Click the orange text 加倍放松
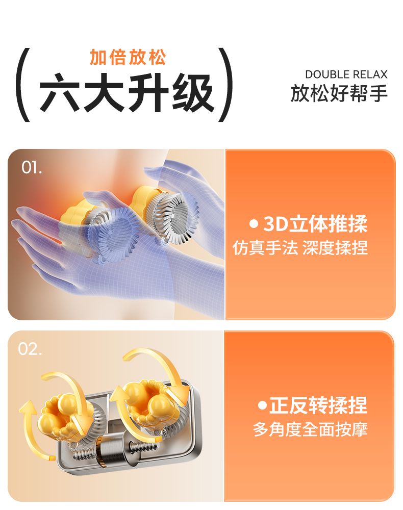click(128, 58)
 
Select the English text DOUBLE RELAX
click(346, 74)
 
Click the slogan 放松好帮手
click(339, 93)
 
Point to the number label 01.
click(32, 167)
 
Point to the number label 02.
click(30, 349)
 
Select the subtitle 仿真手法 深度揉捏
click(300, 248)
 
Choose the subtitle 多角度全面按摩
click(310, 429)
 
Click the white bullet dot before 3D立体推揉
click(254, 224)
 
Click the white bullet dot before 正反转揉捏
click(262, 405)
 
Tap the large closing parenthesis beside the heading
click(226, 85)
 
